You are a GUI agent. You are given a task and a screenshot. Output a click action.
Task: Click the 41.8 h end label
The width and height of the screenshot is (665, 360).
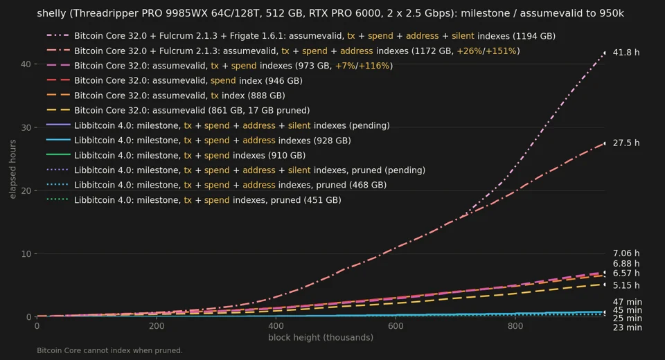click(x=626, y=53)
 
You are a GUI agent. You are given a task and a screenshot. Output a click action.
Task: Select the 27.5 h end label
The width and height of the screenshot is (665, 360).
click(x=626, y=143)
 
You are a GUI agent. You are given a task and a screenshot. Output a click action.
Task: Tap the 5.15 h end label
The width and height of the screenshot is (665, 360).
click(x=626, y=286)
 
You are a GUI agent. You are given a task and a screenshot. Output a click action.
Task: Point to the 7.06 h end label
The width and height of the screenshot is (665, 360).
click(x=626, y=253)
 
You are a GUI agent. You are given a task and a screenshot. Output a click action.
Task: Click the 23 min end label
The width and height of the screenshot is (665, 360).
click(x=628, y=327)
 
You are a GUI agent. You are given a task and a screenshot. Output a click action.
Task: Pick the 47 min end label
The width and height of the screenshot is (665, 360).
click(x=628, y=303)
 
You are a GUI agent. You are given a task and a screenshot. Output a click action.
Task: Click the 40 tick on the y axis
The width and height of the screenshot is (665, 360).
click(x=26, y=64)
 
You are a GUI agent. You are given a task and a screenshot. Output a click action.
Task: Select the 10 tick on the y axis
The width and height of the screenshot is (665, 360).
click(x=26, y=254)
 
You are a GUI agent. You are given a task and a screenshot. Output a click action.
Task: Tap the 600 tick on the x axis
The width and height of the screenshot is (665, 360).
click(x=396, y=326)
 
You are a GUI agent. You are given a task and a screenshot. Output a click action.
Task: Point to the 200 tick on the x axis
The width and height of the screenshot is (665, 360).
click(x=157, y=326)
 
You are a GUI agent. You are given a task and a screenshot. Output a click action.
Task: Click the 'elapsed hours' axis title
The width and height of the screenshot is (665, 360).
click(x=12, y=169)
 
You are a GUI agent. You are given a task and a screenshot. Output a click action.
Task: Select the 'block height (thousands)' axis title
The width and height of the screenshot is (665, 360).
click(x=321, y=338)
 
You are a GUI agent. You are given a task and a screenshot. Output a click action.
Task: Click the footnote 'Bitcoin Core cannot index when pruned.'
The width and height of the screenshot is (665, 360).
click(x=110, y=351)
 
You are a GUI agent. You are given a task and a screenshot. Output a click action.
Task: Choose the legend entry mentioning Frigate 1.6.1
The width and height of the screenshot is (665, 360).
click(x=301, y=36)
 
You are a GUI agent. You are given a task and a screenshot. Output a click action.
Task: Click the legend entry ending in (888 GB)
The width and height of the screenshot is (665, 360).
click(x=166, y=96)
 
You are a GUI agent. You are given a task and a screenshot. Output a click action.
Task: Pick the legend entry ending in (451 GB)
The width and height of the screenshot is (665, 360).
click(x=194, y=200)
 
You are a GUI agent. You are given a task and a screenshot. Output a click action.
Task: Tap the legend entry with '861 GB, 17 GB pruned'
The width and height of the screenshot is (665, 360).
click(x=178, y=111)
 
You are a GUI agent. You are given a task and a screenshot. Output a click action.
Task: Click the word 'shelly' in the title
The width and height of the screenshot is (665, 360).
click(x=51, y=14)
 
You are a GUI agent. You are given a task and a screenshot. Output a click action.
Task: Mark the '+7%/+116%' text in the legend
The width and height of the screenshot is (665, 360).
click(x=362, y=66)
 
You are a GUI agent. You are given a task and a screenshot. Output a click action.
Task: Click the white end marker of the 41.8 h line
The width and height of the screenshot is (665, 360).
click(x=605, y=53)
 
